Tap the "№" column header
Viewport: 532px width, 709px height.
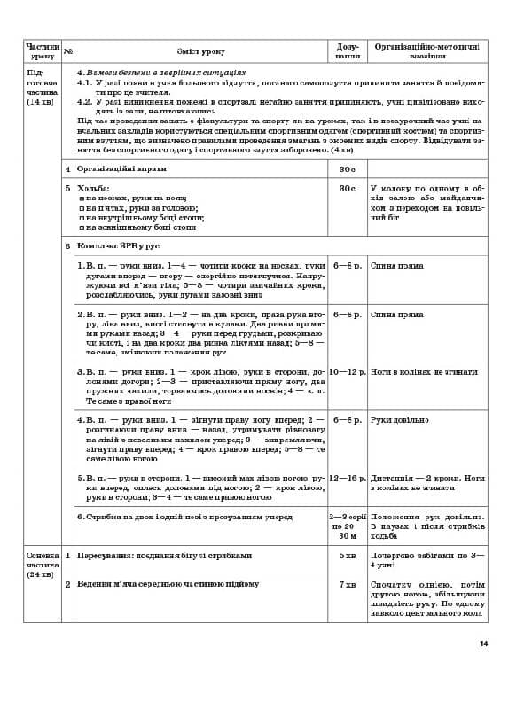(x=68, y=51)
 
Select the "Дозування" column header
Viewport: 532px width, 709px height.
(x=347, y=51)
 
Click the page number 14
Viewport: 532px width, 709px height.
(x=483, y=643)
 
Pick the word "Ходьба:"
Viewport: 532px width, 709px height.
(x=93, y=189)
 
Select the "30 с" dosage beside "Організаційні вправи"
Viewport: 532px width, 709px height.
(x=347, y=168)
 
